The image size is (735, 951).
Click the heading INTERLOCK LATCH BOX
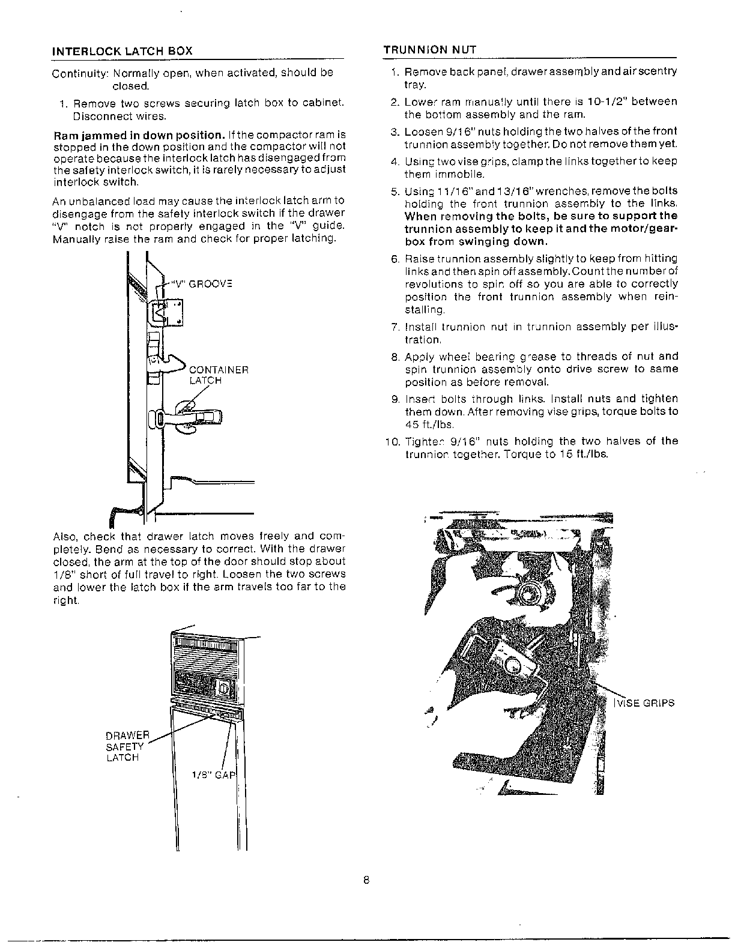coord(122,51)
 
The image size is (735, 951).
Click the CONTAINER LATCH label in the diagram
coord(219,375)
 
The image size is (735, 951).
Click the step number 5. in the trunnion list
coord(395,192)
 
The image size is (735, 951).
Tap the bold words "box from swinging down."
coord(476,242)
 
